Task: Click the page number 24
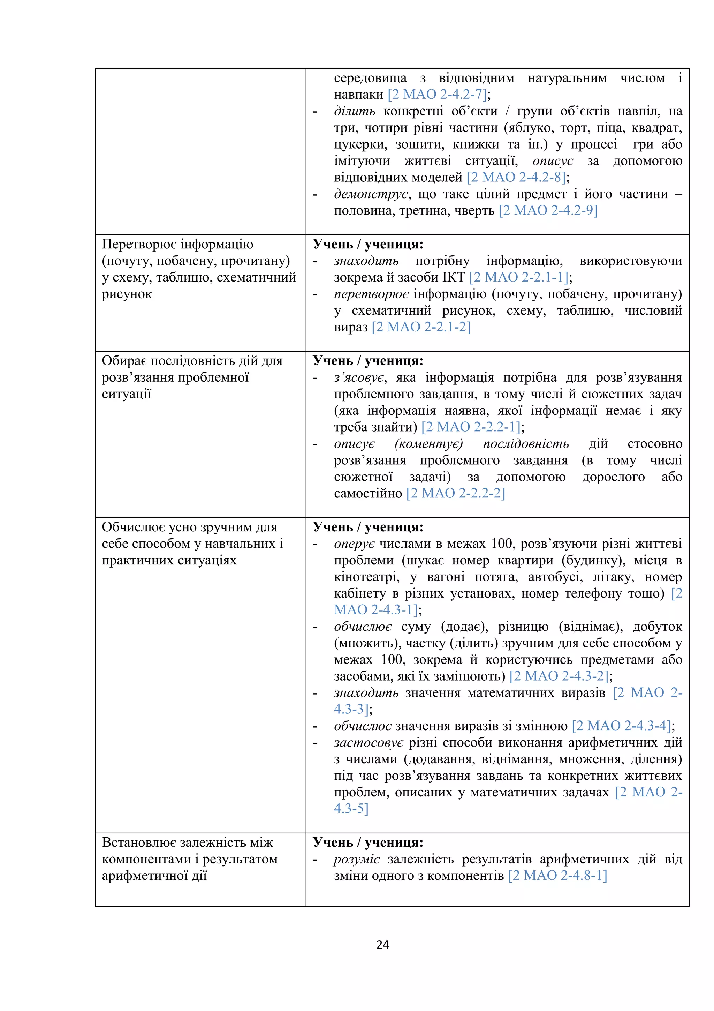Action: click(382, 944)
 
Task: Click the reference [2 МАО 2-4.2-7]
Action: click(437, 94)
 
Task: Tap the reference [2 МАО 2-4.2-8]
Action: click(516, 177)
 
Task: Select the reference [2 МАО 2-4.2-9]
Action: click(548, 210)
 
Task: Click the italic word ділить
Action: click(354, 111)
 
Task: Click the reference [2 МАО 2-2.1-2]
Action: click(421, 327)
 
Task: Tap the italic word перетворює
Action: click(371, 294)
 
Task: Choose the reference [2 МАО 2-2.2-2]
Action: click(455, 493)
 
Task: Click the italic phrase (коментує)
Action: click(428, 443)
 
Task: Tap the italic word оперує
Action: click(354, 544)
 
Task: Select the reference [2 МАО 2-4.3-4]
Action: click(621, 725)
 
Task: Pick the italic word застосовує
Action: click(368, 742)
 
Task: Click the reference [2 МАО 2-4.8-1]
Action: click(557, 875)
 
